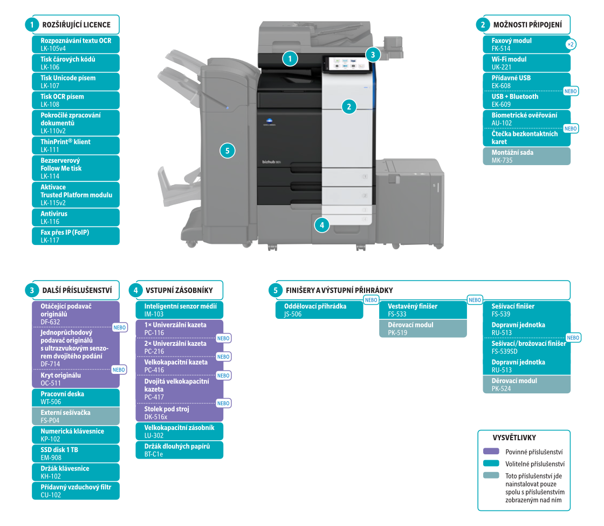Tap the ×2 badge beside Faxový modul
[x=571, y=44]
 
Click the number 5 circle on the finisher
[x=228, y=151]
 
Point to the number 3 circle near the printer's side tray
[x=373, y=54]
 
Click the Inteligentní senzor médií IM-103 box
[x=180, y=310]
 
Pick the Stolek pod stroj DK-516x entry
[x=180, y=413]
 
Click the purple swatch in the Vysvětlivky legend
[x=491, y=452]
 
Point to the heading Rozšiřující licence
[x=76, y=25]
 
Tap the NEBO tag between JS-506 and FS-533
[x=371, y=300]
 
